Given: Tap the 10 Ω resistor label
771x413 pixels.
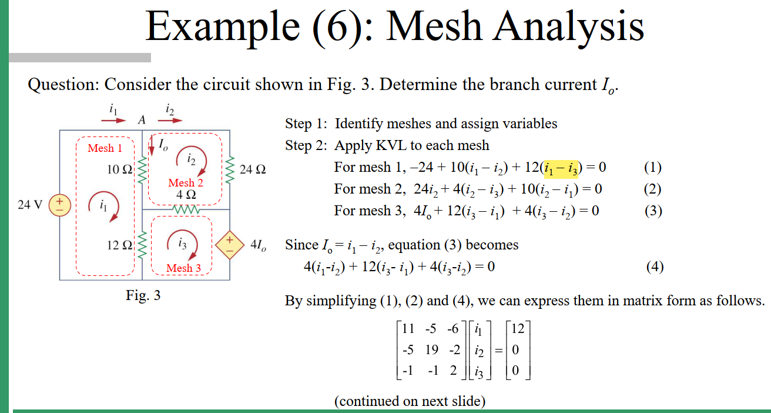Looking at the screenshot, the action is coord(120,170).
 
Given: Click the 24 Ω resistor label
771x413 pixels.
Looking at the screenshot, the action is coord(253,170).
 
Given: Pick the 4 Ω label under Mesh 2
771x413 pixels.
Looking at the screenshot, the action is coord(186,194).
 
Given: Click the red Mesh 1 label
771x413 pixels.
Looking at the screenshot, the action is coord(105,148).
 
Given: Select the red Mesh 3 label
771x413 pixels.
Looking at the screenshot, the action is coord(183,268).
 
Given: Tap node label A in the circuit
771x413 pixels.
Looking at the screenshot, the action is coord(141,120).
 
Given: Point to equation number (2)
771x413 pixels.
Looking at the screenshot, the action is coord(653,189).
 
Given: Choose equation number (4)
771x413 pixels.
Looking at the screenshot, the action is coord(655,267).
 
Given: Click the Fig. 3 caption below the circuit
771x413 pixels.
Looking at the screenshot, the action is coord(143,295).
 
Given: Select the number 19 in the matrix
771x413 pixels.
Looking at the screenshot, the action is coord(431,349).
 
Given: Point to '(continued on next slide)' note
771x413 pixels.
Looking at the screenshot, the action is coord(410,401).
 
